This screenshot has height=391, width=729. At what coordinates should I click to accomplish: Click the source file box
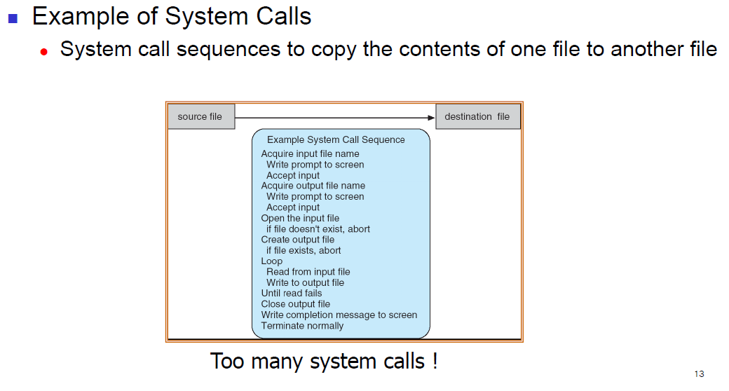pos(200,116)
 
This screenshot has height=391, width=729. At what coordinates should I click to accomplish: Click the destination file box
pos(477,116)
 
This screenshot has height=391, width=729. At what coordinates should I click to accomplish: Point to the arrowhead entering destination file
pos(431,117)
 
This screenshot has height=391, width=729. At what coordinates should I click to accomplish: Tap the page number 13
pos(698,373)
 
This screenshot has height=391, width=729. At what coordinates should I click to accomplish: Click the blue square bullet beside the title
pos(12,18)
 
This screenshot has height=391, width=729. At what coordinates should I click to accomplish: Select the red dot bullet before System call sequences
pos(43,52)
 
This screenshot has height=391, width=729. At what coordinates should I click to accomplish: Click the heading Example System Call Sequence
pos(336,139)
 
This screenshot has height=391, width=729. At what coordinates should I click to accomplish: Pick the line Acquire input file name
pos(310,153)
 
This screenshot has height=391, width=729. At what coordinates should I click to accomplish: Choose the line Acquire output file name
pos(313,186)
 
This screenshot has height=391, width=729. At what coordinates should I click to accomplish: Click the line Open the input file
pos(300,218)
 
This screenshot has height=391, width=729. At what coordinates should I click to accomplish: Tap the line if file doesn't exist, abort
pos(318,229)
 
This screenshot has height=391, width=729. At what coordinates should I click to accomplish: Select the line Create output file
pos(298,240)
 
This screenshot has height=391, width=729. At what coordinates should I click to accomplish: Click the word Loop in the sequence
pos(272,261)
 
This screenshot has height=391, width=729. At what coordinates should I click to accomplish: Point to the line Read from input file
pos(308,272)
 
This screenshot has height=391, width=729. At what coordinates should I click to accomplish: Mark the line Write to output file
pos(305,282)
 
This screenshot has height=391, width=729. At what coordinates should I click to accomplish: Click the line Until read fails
pos(292,293)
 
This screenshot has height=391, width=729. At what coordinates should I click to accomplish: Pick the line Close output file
pos(295,304)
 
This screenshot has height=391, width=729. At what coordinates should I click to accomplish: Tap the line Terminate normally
pos(302,326)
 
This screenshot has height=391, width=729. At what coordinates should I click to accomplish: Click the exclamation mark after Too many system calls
pos(435,361)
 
